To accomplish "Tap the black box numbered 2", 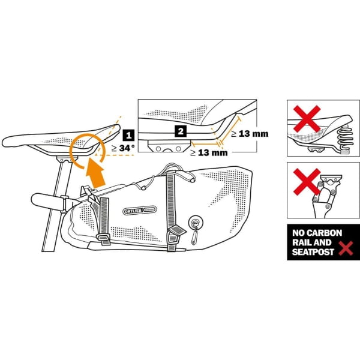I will click(179, 129).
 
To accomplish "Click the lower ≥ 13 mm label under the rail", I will click(210, 152).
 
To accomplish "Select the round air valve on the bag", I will click(195, 221).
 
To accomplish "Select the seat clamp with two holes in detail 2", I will click(167, 147).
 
